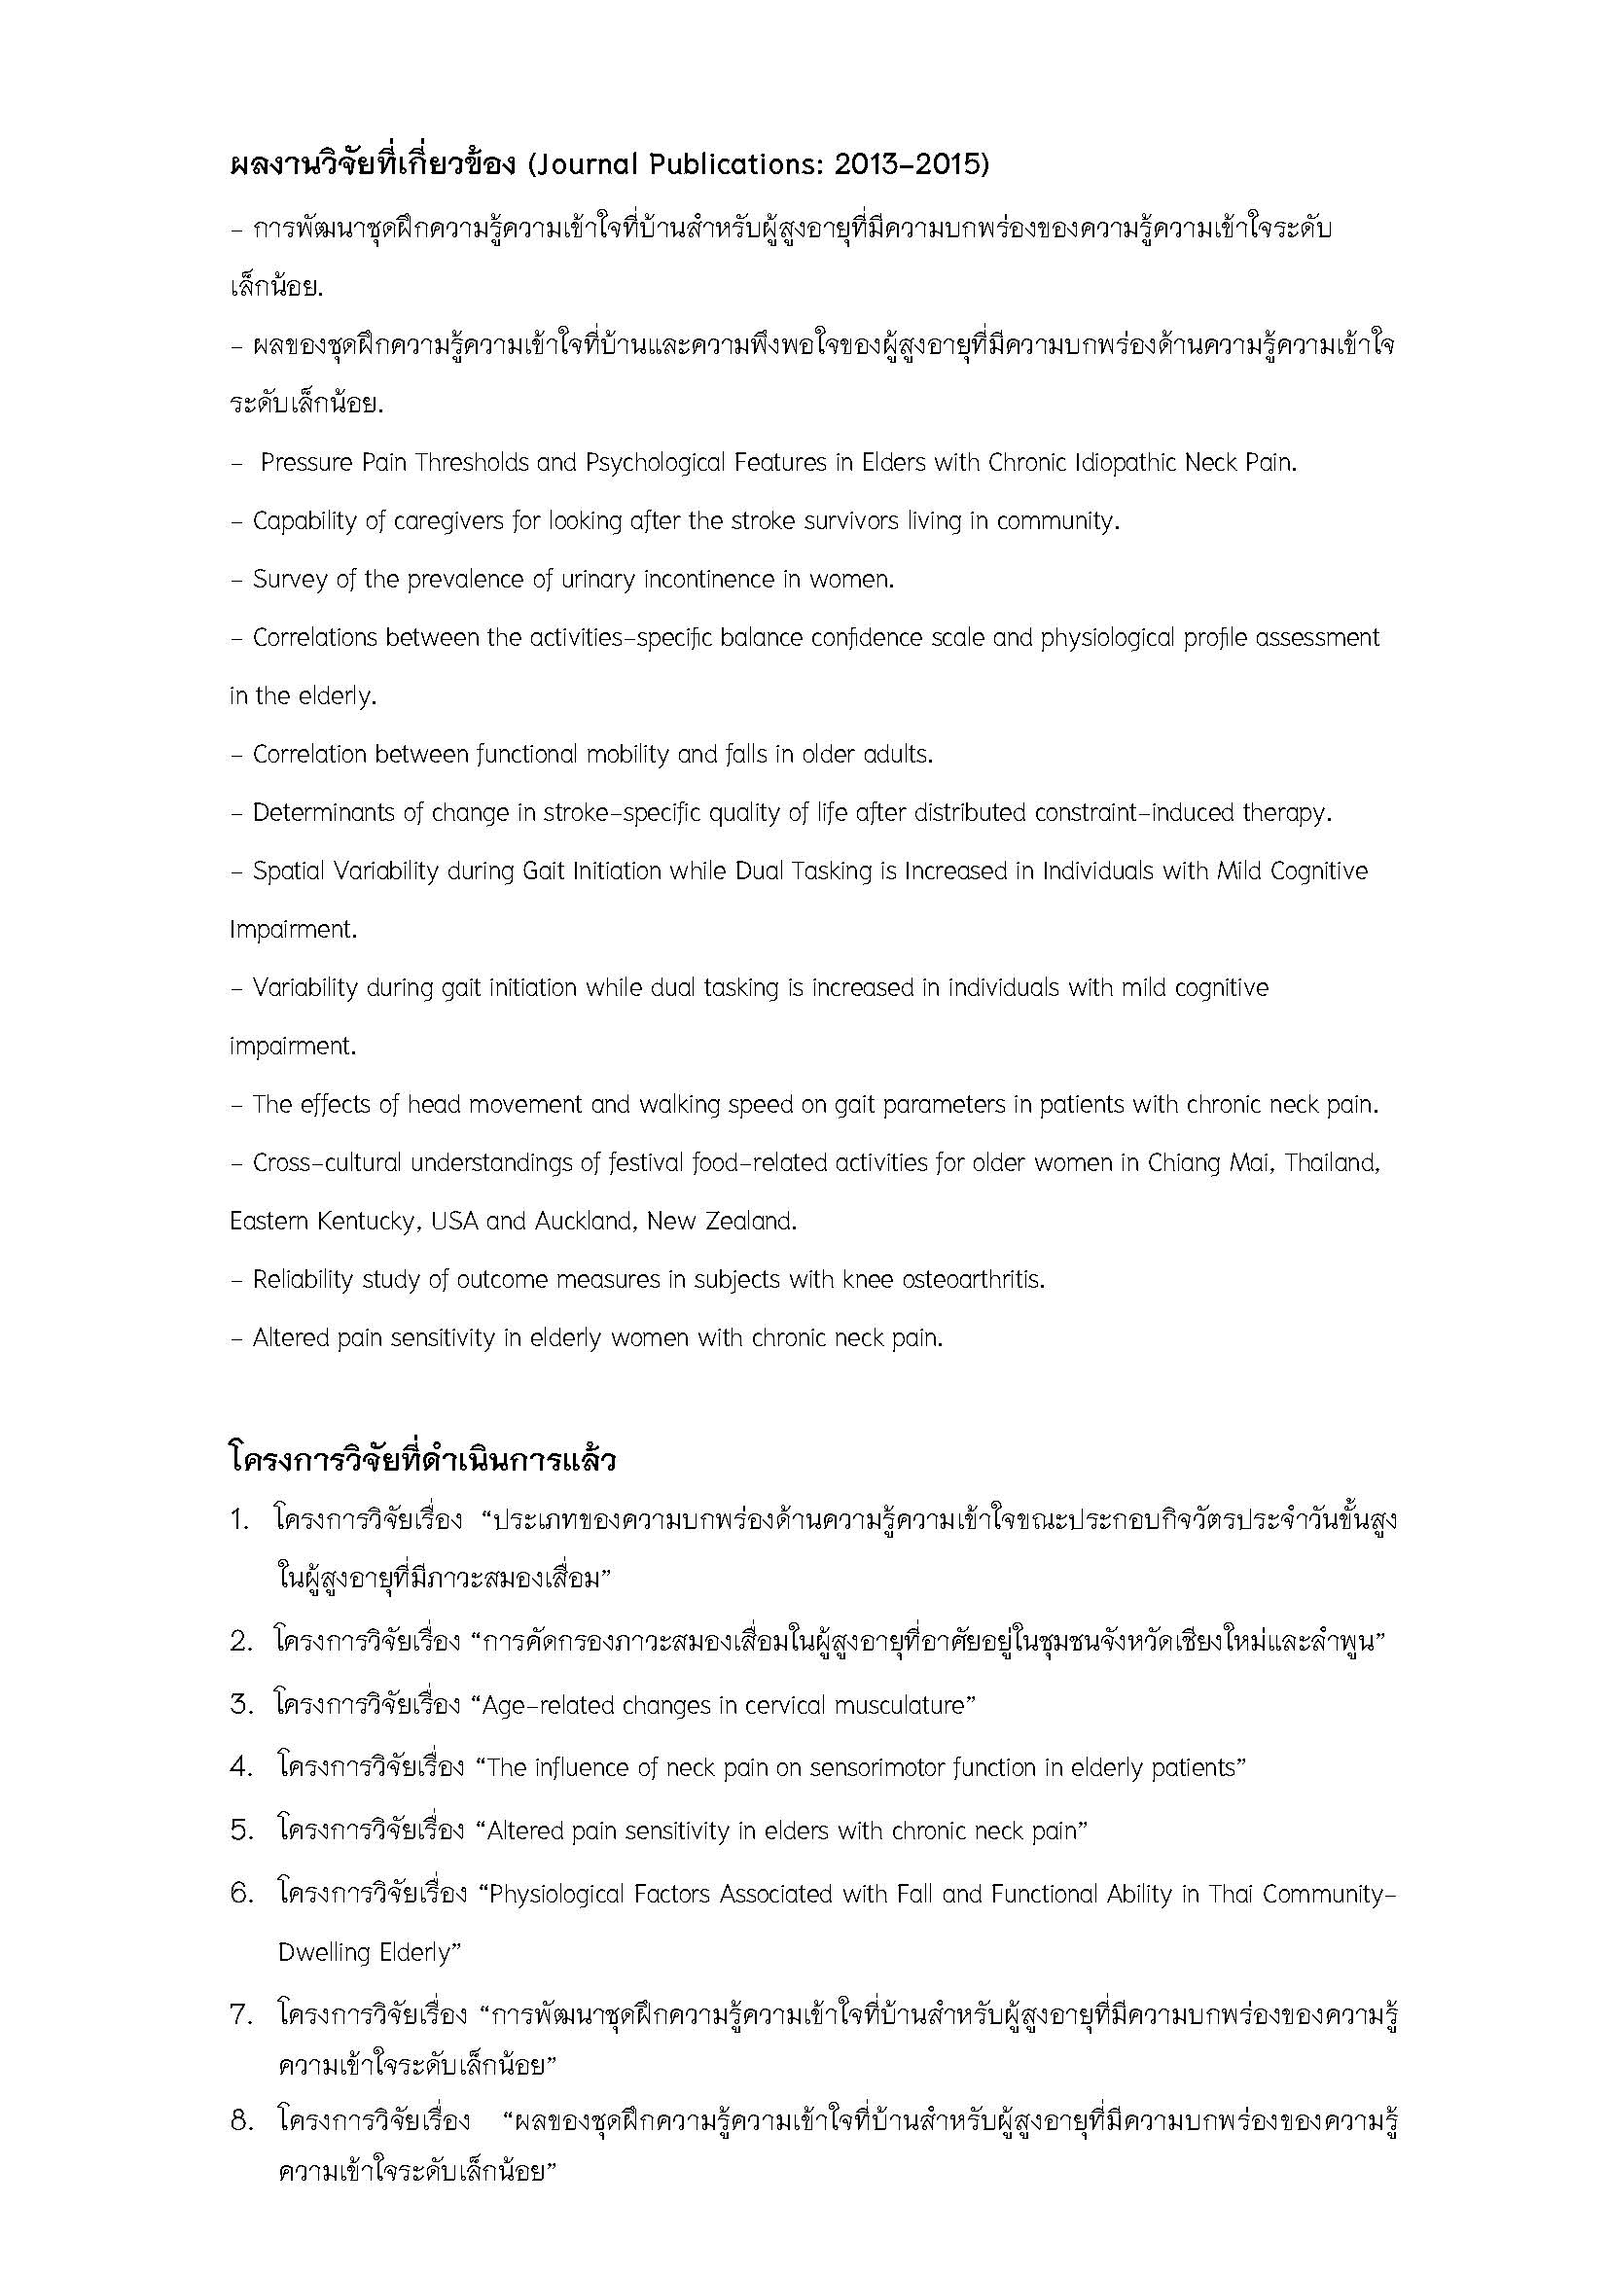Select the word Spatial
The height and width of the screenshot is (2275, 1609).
tap(288, 871)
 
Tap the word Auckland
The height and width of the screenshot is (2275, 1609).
tap(581, 1222)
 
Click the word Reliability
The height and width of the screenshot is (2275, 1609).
tap(304, 1280)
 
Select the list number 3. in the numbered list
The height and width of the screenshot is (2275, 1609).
tap(242, 1705)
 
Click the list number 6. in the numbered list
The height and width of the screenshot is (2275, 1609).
tap(242, 1894)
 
